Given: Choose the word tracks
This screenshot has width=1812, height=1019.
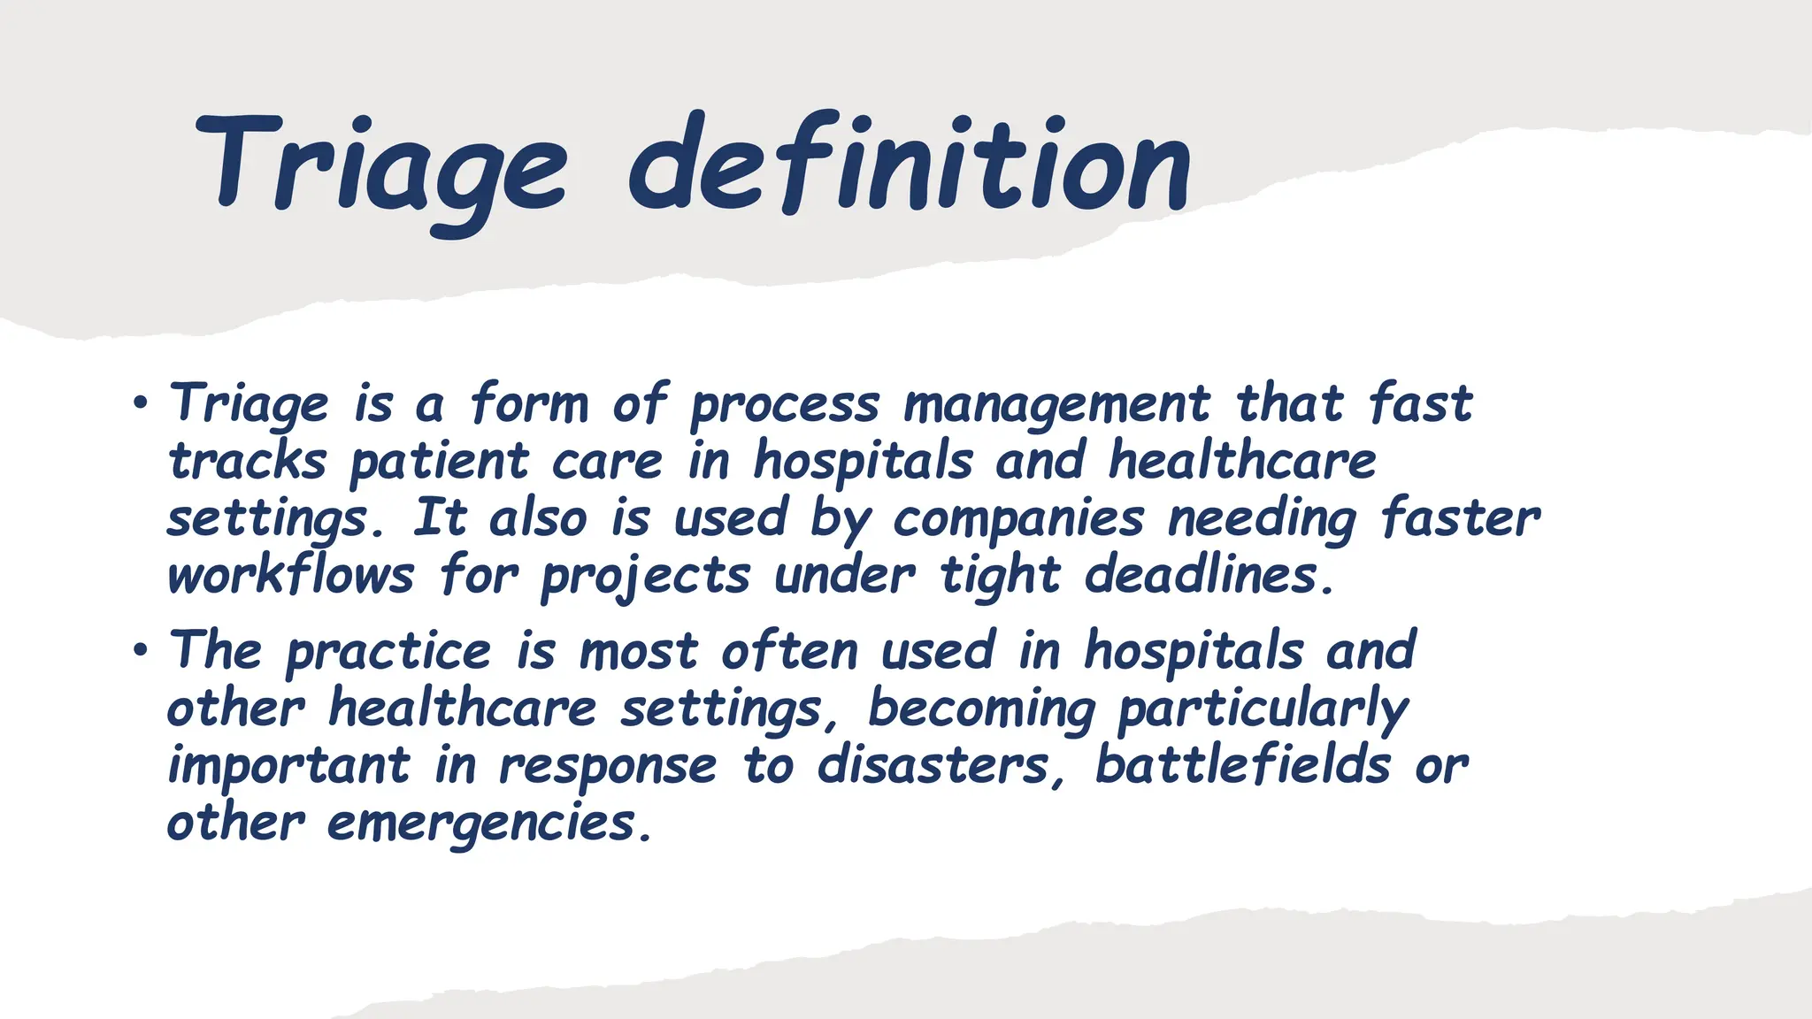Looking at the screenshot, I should pyautogui.click(x=248, y=462).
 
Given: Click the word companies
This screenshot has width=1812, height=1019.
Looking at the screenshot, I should pyautogui.click(x=1017, y=520).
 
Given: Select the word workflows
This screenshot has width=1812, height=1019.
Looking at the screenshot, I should pyautogui.click(x=290, y=577).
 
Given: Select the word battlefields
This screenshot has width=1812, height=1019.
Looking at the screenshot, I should pyautogui.click(x=1242, y=766).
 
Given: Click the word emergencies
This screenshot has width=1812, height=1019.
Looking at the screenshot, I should pyautogui.click(x=488, y=824).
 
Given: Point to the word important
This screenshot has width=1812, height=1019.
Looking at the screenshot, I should pyautogui.click(x=288, y=768).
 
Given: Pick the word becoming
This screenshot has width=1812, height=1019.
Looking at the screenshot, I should pyautogui.click(x=980, y=710).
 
